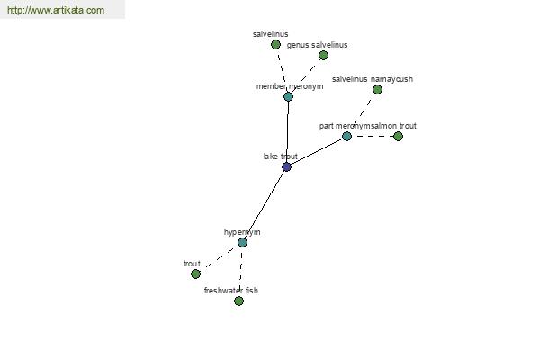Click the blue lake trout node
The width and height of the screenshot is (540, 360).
pos(286,166)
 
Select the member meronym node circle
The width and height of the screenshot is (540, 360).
pos(288,96)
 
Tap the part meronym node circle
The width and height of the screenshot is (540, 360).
pos(346,136)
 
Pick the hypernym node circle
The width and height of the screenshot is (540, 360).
pos(242,242)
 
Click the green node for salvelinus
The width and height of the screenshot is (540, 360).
pos(275,44)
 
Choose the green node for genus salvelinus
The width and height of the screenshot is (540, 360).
pos(323,55)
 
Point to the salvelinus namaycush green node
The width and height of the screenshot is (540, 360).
pos(377,89)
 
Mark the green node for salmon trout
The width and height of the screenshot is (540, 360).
pos(398,136)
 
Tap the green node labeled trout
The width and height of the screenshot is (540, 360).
pos(195,274)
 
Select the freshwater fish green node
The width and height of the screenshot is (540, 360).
pos(238,301)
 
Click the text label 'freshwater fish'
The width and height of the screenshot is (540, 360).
pos(231,291)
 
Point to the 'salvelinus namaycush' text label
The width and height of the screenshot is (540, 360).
pos(373,79)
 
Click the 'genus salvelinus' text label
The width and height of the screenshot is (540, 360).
pos(317,45)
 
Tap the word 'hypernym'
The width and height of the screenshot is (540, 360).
pos(242,232)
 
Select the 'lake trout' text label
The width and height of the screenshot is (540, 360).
pos(280,157)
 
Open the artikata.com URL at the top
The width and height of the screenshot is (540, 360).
pos(56,11)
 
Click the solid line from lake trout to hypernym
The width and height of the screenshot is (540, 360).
pos(264,205)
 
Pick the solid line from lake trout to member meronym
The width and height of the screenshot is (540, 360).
pos(287,131)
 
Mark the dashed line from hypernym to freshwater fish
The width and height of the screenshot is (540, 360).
pos(240,272)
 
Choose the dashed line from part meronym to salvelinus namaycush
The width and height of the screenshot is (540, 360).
pos(362,112)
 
